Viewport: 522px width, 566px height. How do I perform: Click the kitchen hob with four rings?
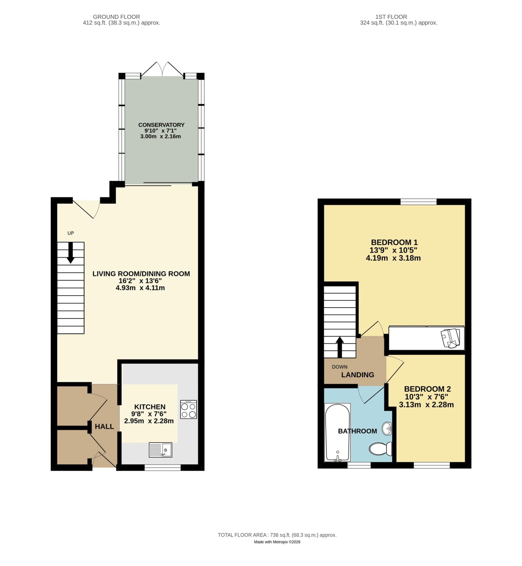tap(189, 409)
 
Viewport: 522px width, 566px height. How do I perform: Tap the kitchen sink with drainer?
tap(160, 450)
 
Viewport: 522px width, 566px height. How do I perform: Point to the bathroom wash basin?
tap(387, 428)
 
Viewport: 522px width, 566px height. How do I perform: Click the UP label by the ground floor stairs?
tap(70, 233)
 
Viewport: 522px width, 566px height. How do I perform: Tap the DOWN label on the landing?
tap(339, 367)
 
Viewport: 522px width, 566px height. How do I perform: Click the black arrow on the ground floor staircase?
tap(70, 253)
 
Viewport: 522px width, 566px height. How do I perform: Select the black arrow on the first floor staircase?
tap(340, 347)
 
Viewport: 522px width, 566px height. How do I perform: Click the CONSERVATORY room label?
tap(161, 125)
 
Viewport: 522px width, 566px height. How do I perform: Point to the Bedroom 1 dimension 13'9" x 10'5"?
tap(393, 250)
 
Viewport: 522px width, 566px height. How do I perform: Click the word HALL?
tap(104, 427)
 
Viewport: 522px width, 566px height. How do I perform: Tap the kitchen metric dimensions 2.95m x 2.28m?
tap(149, 421)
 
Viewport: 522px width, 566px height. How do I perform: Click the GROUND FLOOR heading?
tap(116, 17)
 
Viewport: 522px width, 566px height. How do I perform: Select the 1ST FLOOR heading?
tap(391, 17)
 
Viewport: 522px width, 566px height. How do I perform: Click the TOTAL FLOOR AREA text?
tap(277, 535)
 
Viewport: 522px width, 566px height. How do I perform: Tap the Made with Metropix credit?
tap(277, 542)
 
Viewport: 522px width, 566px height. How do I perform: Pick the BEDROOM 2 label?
tap(427, 389)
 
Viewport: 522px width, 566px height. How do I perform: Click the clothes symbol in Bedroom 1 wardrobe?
tap(450, 338)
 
